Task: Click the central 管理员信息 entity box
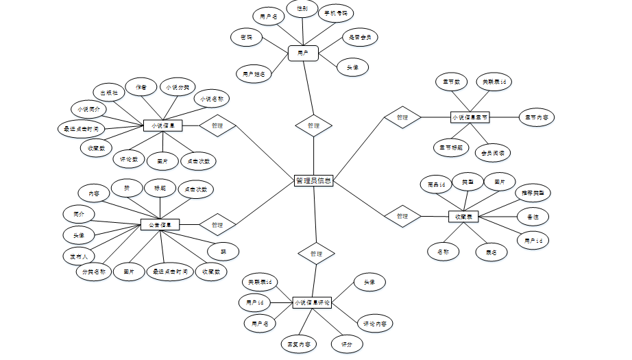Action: tap(313, 181)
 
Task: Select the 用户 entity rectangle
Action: tap(302, 52)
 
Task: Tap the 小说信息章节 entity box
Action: tap(470, 117)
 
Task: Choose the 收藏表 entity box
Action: tap(463, 216)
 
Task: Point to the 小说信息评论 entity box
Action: tap(312, 302)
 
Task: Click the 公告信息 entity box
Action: tap(160, 224)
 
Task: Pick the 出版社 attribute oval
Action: tap(109, 93)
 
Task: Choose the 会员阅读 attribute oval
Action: tap(493, 152)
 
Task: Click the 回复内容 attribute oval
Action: tap(297, 343)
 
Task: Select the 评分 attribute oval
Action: tap(346, 344)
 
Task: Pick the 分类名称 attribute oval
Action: tap(93, 272)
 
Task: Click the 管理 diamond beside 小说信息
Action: tap(217, 126)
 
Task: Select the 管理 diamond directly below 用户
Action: tap(313, 125)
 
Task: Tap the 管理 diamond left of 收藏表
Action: tap(402, 216)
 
